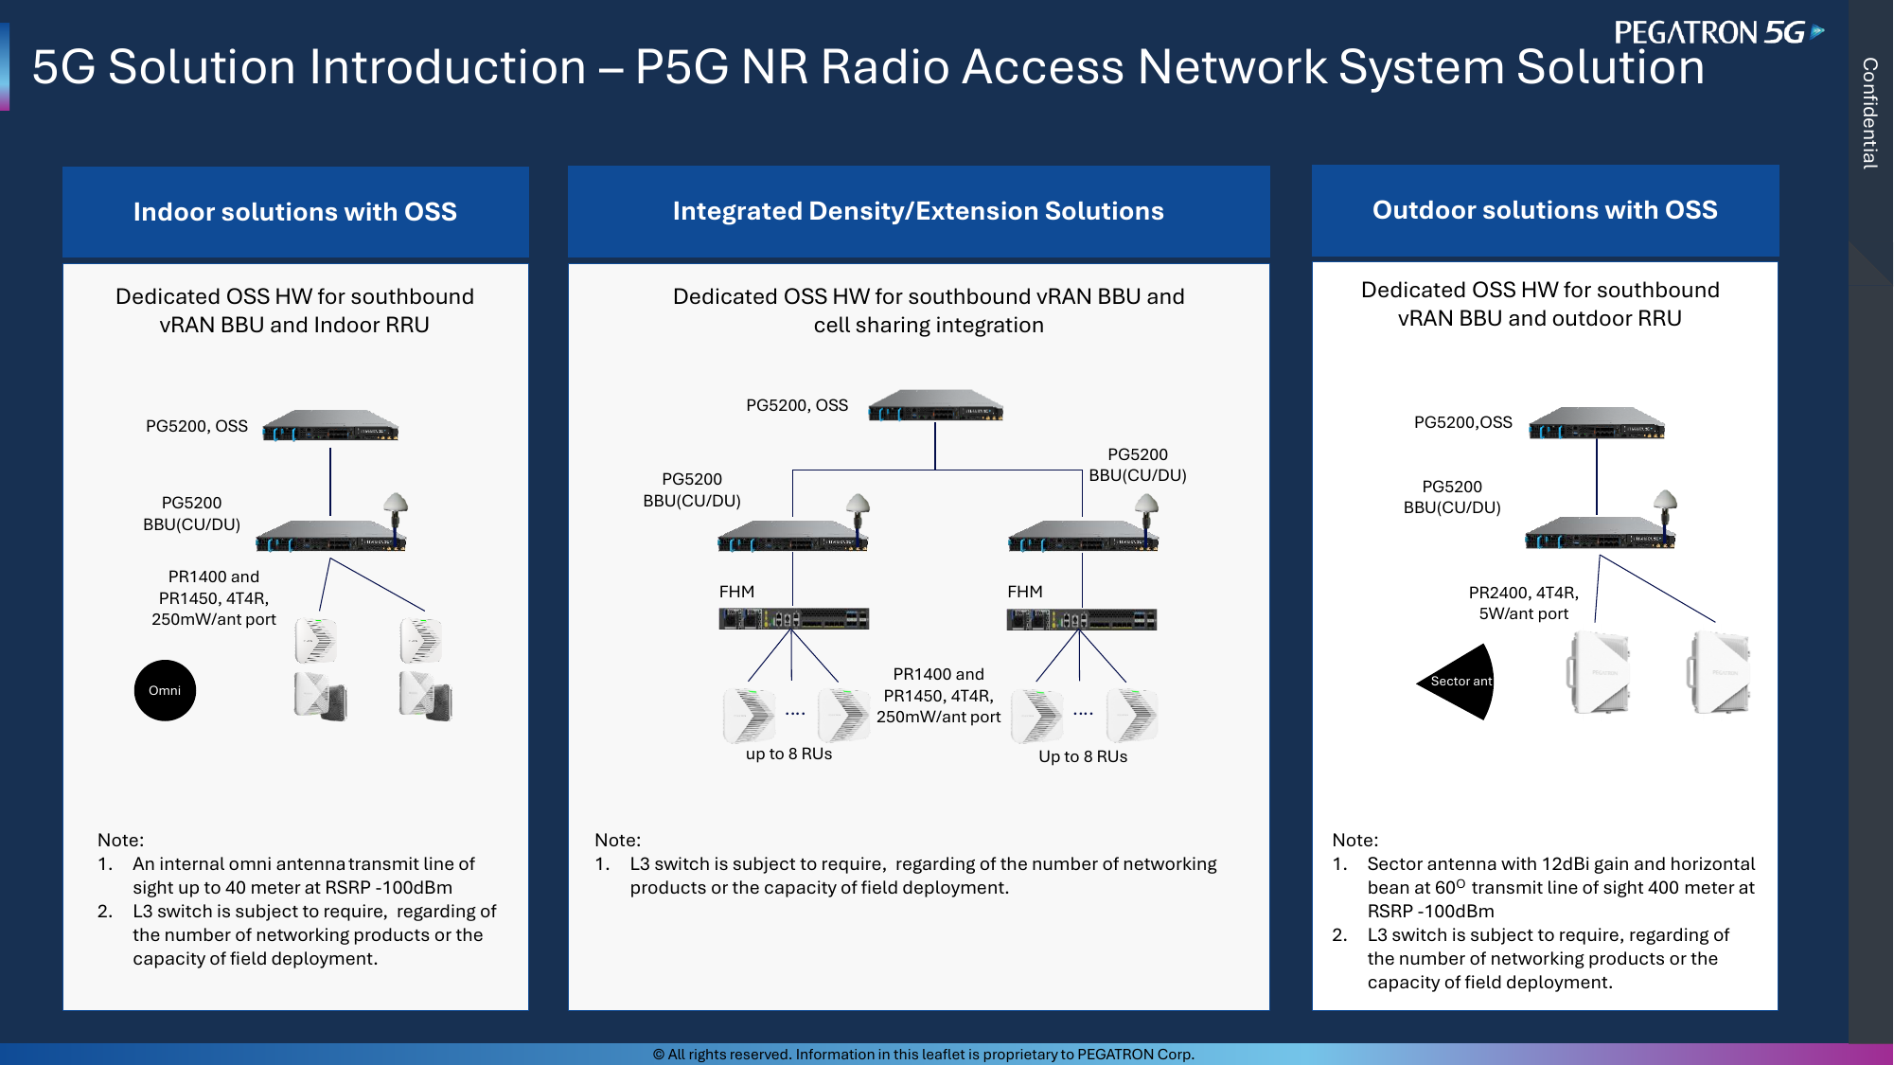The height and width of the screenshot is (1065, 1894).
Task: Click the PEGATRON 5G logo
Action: click(1719, 32)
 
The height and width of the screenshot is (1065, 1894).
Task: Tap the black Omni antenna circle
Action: click(165, 690)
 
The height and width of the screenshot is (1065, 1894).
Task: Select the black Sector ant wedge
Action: click(1459, 682)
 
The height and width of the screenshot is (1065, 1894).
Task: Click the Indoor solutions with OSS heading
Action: click(295, 211)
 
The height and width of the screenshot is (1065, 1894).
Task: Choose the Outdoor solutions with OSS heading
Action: click(1545, 209)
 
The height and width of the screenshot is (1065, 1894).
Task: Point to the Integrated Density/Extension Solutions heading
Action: click(918, 210)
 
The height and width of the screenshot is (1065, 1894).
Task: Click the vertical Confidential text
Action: click(1869, 113)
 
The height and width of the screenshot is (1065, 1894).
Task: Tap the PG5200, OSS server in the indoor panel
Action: click(330, 426)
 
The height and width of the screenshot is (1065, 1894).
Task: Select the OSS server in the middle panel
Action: click(936, 405)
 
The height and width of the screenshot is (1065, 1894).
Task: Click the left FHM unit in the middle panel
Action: click(793, 619)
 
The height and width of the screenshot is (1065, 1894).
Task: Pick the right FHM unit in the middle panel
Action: click(1081, 619)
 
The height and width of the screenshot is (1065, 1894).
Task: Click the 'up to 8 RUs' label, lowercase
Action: click(788, 754)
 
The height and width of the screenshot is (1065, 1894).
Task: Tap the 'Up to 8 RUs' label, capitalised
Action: click(1083, 756)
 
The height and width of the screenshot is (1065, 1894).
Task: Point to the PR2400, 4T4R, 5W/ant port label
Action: click(1524, 603)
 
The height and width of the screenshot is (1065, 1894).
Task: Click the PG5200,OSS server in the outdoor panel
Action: click(1597, 423)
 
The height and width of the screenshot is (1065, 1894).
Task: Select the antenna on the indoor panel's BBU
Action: click(396, 512)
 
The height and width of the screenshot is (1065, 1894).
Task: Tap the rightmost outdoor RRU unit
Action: click(1719, 673)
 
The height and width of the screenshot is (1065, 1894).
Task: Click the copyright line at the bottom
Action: click(924, 1054)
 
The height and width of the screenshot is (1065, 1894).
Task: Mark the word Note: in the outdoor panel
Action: click(1354, 840)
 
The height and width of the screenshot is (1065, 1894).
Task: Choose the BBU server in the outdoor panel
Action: click(1600, 534)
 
